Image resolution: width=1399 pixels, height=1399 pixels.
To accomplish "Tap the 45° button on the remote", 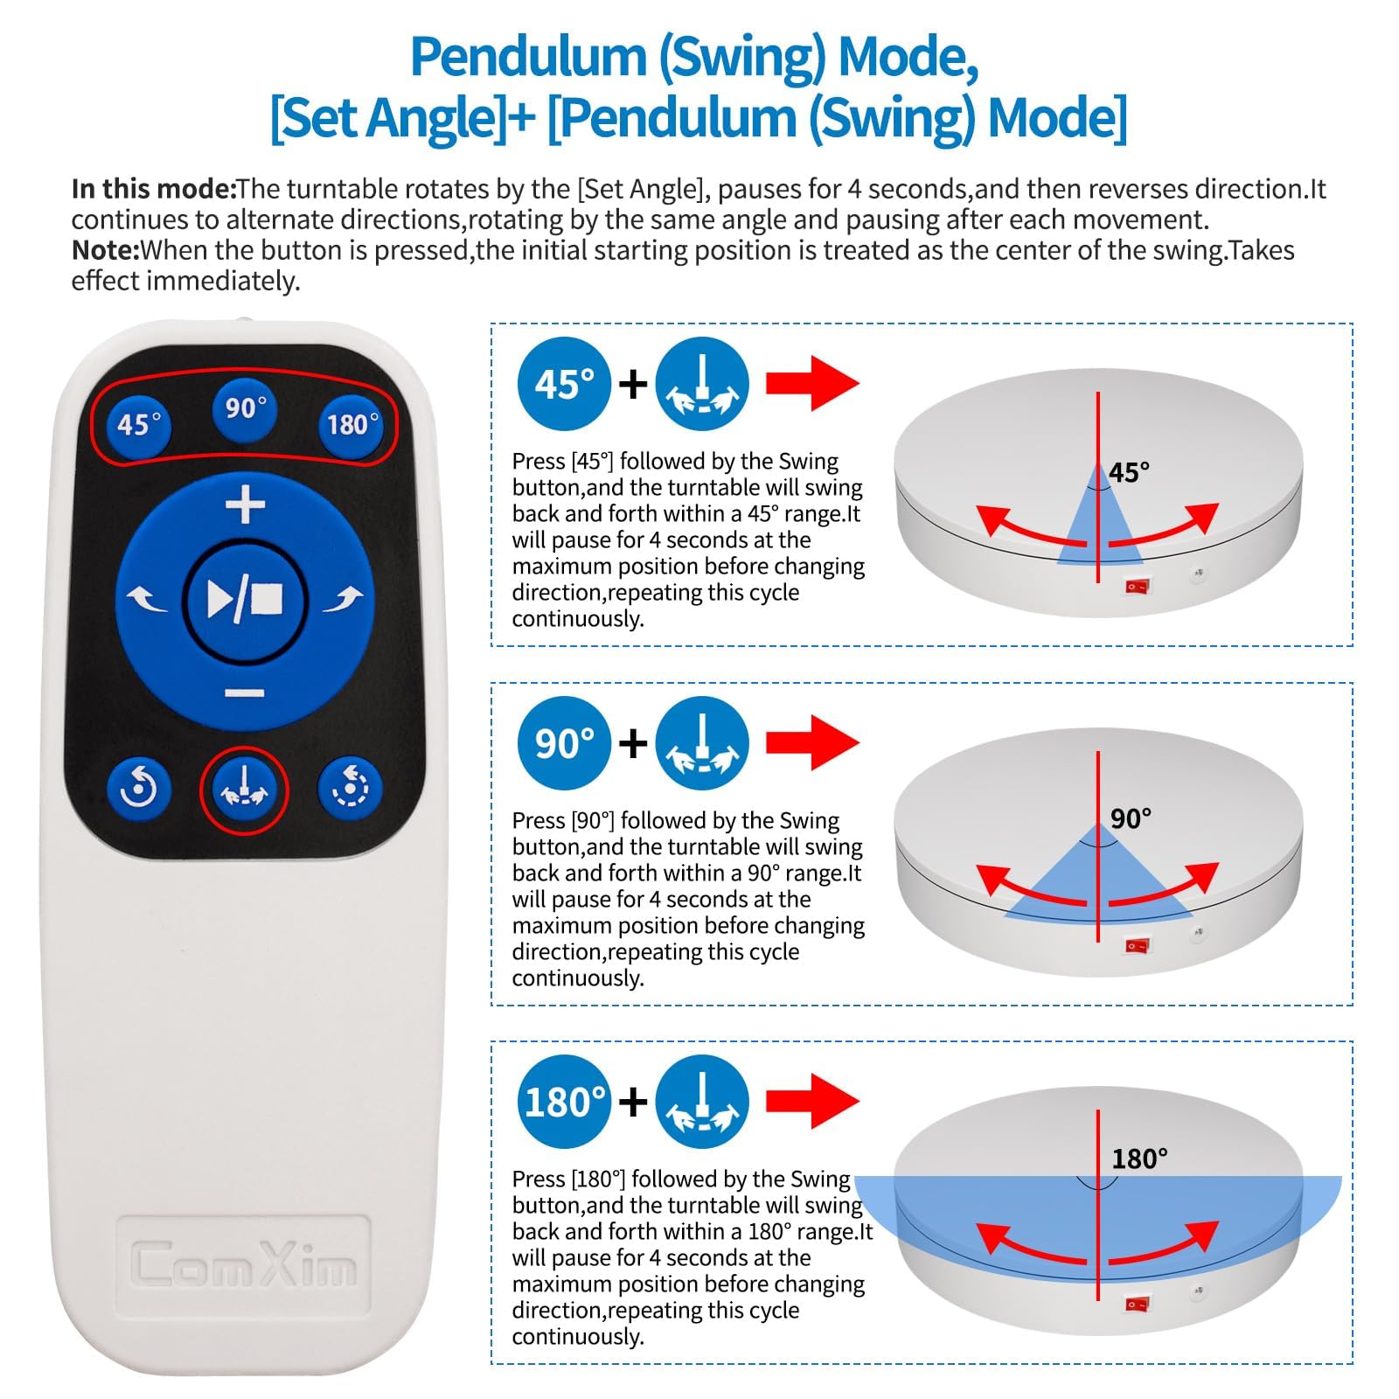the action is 139,424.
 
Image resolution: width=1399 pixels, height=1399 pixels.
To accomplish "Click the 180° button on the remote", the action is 351,424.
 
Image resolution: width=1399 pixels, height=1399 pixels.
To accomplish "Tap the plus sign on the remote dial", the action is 246,505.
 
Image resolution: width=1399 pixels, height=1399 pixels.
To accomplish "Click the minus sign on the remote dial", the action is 245,693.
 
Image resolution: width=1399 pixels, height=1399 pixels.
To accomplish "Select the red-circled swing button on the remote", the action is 245,790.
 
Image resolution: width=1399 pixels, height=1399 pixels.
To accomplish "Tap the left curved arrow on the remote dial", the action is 147,600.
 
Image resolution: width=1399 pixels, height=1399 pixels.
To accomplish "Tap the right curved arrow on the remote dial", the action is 343,600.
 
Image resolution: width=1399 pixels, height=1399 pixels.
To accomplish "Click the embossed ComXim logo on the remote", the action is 244,1264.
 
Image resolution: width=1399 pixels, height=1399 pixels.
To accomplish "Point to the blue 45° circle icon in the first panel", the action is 564,383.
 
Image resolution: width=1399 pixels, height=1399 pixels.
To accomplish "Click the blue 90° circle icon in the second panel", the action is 564,743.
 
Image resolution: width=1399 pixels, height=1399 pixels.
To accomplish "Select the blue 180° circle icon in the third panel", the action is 564,1102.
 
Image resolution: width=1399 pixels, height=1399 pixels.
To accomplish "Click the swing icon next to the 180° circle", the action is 702,1102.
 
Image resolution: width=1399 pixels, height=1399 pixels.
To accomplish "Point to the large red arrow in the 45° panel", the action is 813,383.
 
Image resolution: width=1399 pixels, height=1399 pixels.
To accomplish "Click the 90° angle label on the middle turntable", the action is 1131,818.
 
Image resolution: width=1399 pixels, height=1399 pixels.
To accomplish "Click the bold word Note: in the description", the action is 106,250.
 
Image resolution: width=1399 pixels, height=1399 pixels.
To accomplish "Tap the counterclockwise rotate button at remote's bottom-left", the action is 138,790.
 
